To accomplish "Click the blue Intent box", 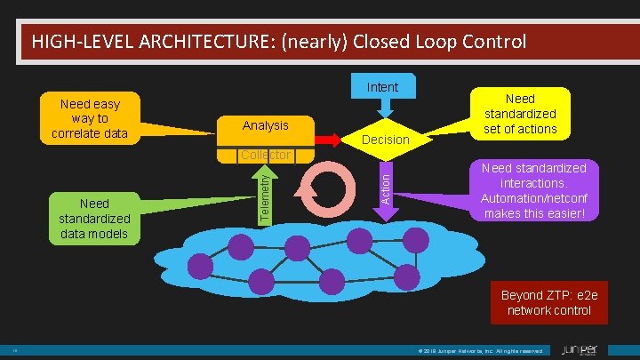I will click(x=382, y=86).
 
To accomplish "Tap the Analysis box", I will click(x=265, y=126).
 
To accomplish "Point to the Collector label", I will click(x=265, y=156).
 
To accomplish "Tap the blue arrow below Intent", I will click(x=382, y=107).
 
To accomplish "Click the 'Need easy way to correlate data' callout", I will click(x=90, y=118).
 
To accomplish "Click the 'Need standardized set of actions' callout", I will click(x=520, y=114).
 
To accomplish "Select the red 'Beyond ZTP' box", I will click(x=548, y=302).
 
